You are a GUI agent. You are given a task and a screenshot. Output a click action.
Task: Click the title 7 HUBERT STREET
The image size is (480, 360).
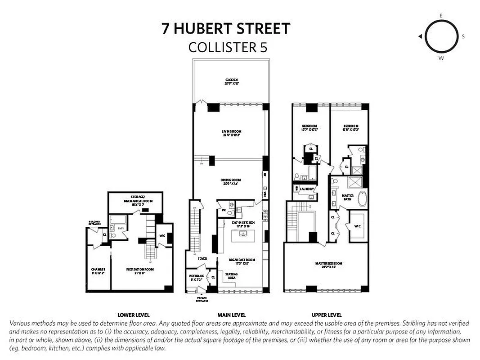click(x=226, y=29)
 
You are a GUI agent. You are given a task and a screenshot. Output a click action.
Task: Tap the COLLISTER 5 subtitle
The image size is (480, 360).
click(x=228, y=47)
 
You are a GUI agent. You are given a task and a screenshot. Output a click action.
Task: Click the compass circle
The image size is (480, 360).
click(x=441, y=36)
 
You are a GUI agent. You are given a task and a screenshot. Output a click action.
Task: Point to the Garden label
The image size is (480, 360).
click(x=232, y=81)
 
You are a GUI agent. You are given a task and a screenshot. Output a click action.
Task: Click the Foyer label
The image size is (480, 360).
click(x=202, y=259)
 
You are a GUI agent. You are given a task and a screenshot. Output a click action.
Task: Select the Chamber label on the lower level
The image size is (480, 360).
click(x=98, y=271)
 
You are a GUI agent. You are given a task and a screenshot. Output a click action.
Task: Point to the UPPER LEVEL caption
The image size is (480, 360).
click(x=327, y=315)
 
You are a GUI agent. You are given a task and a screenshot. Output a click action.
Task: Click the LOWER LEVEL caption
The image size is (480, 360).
click(x=134, y=315)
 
